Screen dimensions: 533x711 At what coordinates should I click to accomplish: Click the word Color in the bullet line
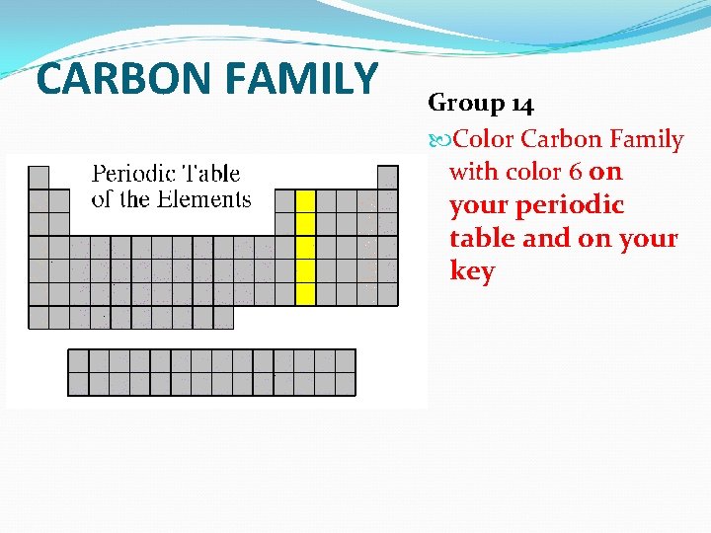[x=483, y=139]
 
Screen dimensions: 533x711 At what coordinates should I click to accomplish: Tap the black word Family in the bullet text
[x=646, y=139]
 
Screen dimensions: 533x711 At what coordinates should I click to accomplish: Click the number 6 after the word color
[x=575, y=172]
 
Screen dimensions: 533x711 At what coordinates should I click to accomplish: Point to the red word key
[x=471, y=271]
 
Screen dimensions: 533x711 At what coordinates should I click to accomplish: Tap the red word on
[x=605, y=172]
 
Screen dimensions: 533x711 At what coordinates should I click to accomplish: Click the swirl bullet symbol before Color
[x=439, y=140]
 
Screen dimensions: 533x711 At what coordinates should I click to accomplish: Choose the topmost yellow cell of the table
[x=306, y=200]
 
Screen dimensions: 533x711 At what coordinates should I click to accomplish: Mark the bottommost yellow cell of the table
[x=306, y=294]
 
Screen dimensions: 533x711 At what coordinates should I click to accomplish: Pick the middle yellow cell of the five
[x=306, y=247]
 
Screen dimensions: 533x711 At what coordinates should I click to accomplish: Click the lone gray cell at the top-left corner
[x=39, y=178]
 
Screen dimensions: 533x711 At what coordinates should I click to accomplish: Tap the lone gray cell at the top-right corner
[x=388, y=178]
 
